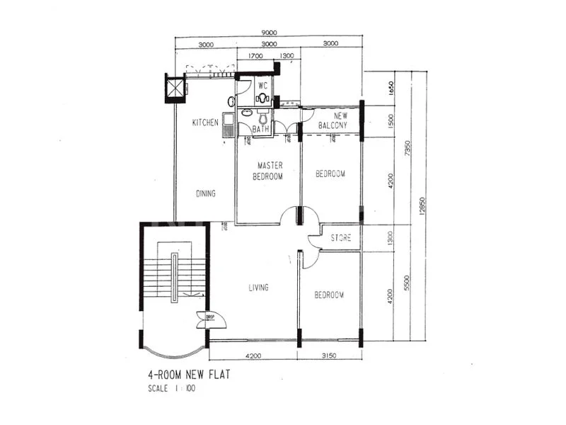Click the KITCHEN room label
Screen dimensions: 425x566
pos(205,123)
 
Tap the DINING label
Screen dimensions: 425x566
pos(206,193)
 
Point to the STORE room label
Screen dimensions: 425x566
pos(340,238)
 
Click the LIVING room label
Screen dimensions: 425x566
pos(258,288)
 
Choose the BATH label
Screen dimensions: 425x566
pos(261,130)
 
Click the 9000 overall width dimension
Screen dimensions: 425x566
pos(269,31)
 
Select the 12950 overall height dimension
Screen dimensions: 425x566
pos(422,205)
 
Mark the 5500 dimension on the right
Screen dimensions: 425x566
pos(406,282)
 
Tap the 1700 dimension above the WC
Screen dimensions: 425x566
pos(255,56)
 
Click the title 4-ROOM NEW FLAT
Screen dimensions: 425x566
pos(189,375)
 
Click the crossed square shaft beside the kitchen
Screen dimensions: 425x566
pos(173,88)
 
